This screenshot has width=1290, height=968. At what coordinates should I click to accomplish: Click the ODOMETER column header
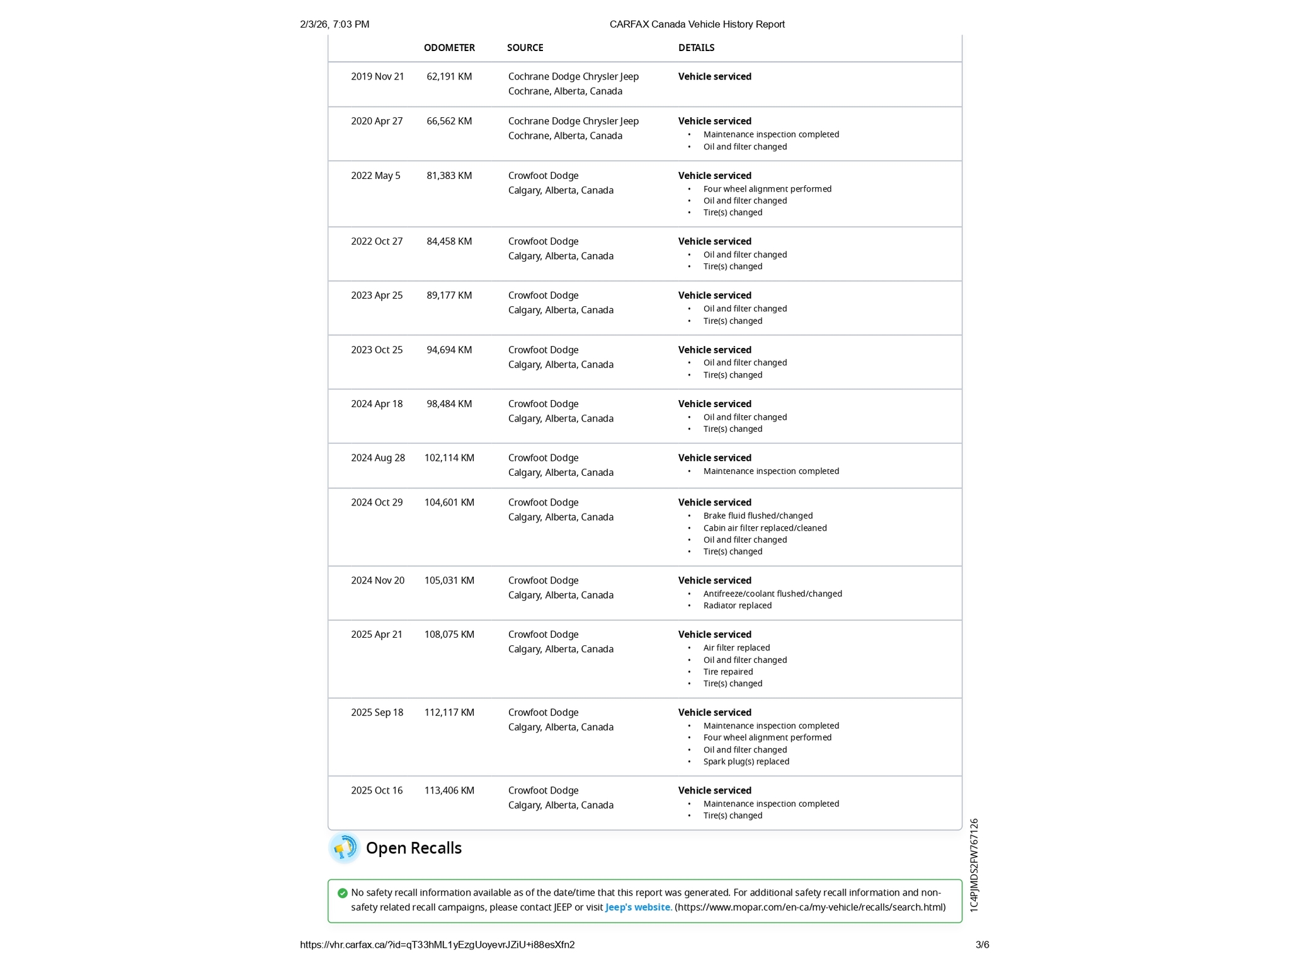[449, 48]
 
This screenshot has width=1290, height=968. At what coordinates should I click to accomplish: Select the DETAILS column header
[696, 48]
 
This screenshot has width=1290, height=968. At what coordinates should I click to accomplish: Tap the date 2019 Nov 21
[377, 77]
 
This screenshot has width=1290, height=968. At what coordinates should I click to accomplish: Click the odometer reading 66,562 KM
[449, 121]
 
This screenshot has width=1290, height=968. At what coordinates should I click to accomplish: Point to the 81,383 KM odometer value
[449, 176]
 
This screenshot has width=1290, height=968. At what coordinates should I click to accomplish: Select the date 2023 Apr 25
[377, 296]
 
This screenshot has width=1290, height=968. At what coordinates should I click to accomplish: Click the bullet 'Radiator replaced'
[737, 606]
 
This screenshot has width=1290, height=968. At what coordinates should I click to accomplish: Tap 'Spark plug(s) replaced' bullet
[746, 761]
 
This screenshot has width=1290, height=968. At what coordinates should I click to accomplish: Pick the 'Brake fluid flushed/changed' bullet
[758, 516]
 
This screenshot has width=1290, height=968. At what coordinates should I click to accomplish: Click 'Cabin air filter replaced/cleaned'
[765, 528]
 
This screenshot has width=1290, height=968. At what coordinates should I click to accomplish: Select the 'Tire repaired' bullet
[728, 672]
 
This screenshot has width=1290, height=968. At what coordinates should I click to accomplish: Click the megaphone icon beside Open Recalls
[344, 848]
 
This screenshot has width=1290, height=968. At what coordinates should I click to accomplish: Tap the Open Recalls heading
[413, 848]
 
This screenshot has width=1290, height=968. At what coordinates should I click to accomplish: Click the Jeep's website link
[637, 907]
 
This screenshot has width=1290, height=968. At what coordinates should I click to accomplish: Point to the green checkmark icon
[343, 893]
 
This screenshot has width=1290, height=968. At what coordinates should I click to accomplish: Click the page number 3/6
[982, 945]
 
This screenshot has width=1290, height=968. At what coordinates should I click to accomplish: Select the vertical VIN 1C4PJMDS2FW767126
[974, 865]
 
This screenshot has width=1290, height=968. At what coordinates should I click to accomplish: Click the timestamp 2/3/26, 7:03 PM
[334, 25]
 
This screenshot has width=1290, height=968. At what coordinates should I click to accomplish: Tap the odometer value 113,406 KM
[449, 791]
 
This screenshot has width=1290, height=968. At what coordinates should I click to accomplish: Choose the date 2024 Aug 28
[378, 458]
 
